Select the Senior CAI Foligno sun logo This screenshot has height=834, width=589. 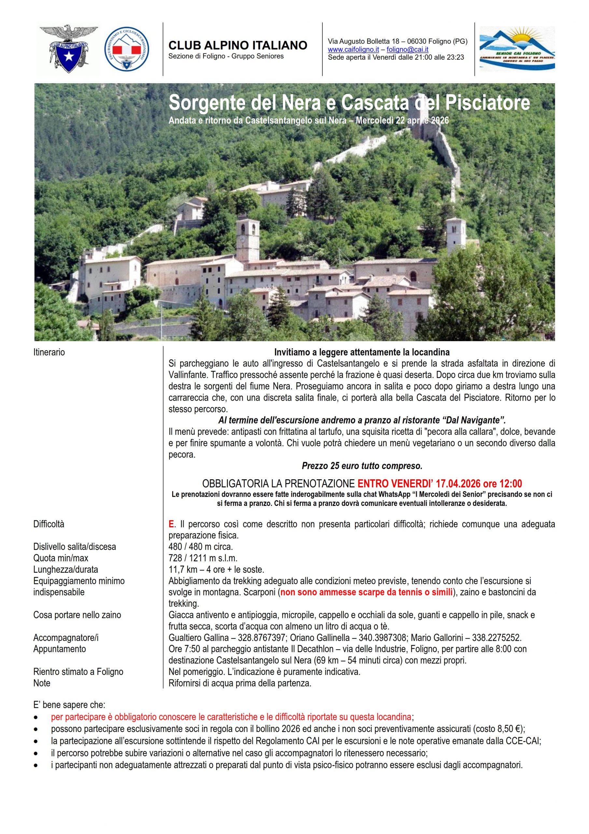517,48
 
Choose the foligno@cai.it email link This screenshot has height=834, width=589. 407,50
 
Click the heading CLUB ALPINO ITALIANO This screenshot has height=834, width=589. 238,45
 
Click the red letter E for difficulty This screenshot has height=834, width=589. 171,524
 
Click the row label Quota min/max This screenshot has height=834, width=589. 61,558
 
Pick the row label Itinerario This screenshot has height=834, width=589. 49,352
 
